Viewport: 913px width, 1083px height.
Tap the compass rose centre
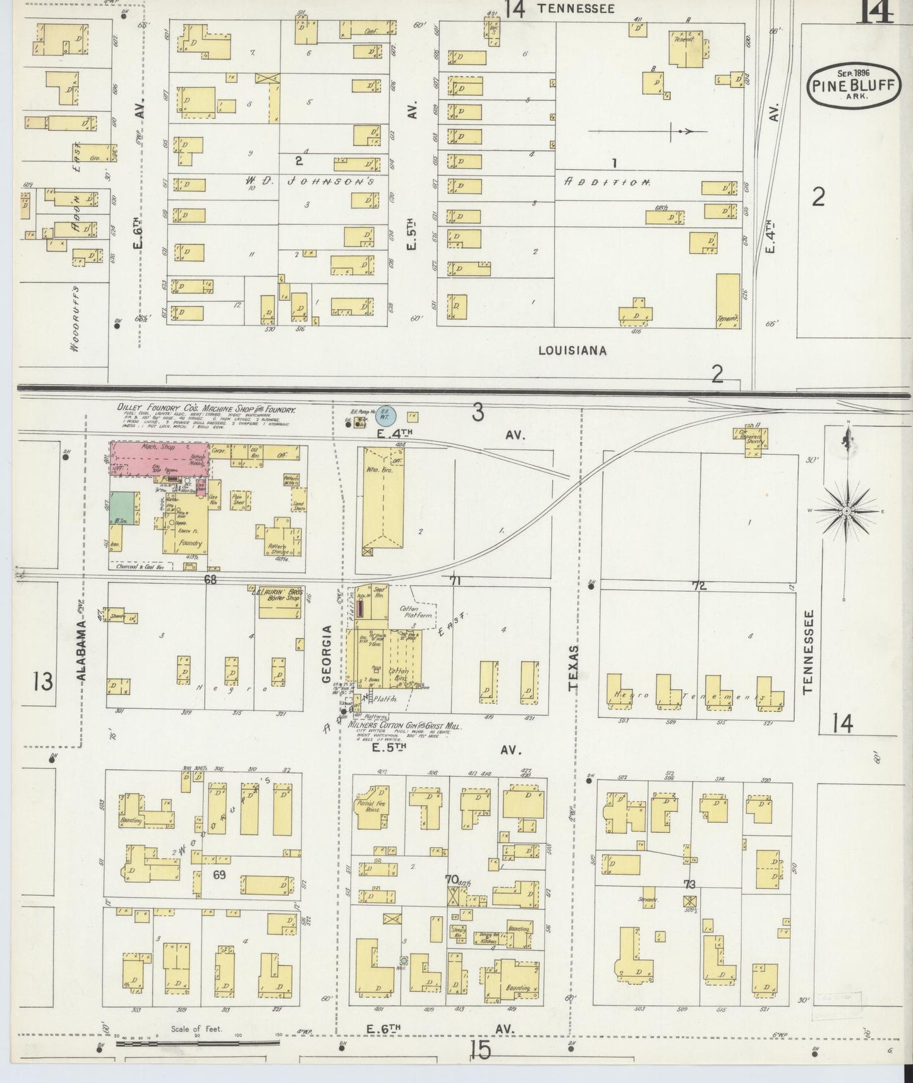[x=847, y=510]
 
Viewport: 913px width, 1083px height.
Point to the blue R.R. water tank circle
[x=385, y=415]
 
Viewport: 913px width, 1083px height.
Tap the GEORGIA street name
[x=327, y=653]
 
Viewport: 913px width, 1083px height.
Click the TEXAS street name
[x=573, y=669]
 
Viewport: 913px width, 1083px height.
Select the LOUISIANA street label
[x=572, y=350]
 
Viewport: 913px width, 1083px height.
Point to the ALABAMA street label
[x=82, y=650]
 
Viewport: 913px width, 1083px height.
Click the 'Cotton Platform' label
[x=417, y=611]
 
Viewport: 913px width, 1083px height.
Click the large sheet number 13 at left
[x=44, y=682]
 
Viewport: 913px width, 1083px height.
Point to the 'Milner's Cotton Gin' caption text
[x=404, y=727]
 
